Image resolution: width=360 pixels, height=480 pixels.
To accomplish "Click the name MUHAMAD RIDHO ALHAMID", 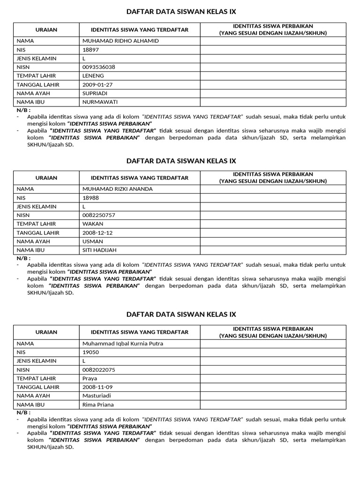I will [x=120, y=41].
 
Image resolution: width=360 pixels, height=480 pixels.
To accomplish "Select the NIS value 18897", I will [x=90, y=50].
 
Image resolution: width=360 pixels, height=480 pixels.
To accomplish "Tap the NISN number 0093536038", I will [x=98, y=67].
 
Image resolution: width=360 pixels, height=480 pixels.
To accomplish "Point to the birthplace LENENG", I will [x=93, y=75].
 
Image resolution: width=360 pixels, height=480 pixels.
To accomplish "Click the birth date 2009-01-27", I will [x=97, y=84].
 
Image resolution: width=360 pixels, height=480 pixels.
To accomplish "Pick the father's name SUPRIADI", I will [x=95, y=93].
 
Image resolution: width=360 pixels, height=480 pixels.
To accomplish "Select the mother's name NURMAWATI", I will [x=100, y=102].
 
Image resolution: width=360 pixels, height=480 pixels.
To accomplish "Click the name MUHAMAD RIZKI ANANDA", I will [x=117, y=189].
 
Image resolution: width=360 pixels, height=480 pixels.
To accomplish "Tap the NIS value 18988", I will [x=90, y=198].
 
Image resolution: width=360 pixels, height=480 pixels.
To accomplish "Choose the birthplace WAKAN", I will [x=93, y=224].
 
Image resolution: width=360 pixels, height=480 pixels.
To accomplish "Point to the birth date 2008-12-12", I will [x=97, y=232].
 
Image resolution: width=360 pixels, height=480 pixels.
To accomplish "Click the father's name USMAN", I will [x=92, y=241].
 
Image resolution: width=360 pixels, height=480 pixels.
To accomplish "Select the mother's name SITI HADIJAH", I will [x=99, y=250].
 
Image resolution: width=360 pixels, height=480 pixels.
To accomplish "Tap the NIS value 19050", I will [x=90, y=352].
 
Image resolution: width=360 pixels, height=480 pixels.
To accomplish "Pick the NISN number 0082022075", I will [x=98, y=370].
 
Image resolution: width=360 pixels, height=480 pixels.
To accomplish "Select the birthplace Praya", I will [x=90, y=378].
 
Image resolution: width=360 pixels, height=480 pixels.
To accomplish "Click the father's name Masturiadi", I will [x=97, y=396].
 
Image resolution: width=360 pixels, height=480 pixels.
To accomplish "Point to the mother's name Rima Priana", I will [x=98, y=405].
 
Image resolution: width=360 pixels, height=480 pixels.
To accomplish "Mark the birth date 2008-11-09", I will [x=97, y=387].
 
